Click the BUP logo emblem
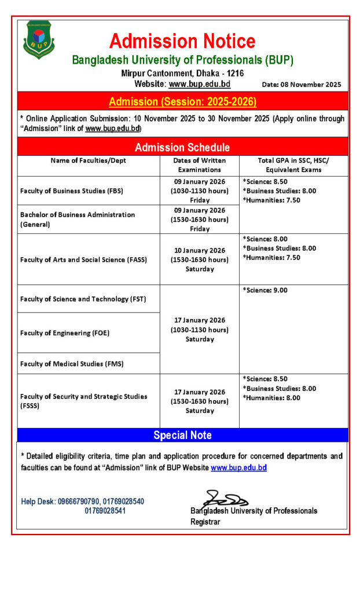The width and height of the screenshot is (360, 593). coord(39,39)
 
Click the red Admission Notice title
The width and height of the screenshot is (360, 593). coord(182,41)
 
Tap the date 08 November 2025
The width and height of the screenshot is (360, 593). coord(302,85)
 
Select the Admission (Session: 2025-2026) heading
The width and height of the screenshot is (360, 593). coord(182,102)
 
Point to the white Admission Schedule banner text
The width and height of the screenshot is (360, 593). coord(182,147)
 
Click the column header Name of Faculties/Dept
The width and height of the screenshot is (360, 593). coord(88,160)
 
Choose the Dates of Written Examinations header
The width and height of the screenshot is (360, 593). coord(199,165)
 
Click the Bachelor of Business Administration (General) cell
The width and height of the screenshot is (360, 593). coord(77,219)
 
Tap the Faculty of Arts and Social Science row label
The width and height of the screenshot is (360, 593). coord(83,259)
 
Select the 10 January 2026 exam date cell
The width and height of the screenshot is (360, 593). coord(199,259)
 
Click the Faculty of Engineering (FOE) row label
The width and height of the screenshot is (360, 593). coord(65,333)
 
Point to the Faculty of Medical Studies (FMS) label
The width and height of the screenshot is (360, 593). coord(72,364)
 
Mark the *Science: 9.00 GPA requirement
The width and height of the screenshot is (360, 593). coord(265,291)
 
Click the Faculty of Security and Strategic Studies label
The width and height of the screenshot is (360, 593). coord(83,401)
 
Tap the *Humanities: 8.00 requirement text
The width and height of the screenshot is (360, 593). coord(271,398)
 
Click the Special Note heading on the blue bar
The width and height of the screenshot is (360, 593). coord(182,435)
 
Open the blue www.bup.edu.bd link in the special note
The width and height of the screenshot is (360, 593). coord(238,467)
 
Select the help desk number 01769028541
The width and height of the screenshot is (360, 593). coord(105,511)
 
